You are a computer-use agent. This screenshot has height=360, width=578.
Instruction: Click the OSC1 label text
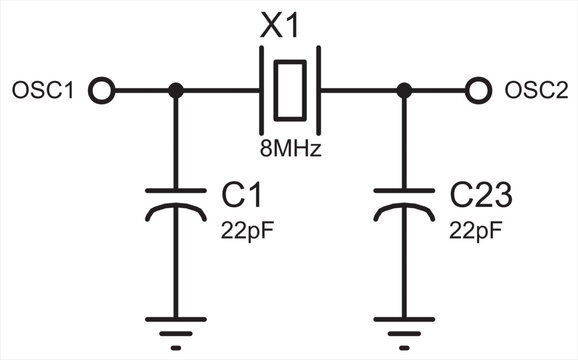[42, 91]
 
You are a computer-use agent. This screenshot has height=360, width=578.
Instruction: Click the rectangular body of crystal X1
[290, 91]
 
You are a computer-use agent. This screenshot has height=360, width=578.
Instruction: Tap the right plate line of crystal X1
[316, 91]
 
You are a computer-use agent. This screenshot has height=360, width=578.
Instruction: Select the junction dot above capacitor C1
[176, 91]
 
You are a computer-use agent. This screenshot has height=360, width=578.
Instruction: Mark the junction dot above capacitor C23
[404, 91]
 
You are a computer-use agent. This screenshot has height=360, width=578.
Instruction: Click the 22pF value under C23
[475, 230]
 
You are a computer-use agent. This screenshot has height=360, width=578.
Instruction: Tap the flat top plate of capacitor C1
[176, 189]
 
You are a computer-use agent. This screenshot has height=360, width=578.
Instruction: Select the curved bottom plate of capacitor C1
[176, 207]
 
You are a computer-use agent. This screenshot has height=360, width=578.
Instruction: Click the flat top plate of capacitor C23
[404, 189]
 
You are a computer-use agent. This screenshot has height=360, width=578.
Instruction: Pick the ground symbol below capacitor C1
[176, 328]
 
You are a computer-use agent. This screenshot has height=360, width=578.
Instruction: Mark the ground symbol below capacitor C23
[404, 328]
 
